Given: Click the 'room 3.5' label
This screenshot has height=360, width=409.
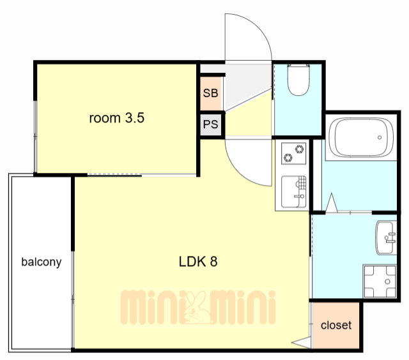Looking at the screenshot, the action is pos(116,118).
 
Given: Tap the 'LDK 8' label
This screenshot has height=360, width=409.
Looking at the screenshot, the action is pos(198,262).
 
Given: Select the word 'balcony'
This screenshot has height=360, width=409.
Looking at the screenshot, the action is pos(42,262).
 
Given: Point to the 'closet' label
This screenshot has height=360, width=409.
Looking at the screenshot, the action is pos(336,325).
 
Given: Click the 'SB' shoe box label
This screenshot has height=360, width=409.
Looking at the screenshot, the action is pos(210,93).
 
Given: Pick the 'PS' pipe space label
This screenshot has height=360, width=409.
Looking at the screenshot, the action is pos(210,124).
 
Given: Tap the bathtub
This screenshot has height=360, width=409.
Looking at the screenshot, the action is pos(361,137).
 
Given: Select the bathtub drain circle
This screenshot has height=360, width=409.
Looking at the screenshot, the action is pos(380,137).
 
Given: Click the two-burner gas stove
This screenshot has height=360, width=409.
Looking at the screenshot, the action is pos(294,153).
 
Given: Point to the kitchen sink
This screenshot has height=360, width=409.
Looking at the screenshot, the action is pos(294,191).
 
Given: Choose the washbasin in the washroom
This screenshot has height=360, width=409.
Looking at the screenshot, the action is pos(386,237).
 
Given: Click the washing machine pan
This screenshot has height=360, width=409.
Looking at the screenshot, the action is pos(380,281).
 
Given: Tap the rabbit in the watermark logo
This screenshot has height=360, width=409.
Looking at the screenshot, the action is pos(198,308).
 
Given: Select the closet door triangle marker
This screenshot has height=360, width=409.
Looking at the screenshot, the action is pos(301,343).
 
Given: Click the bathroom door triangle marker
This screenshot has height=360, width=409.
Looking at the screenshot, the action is pos(332,203).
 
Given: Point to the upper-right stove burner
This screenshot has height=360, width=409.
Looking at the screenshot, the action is pos(299,149).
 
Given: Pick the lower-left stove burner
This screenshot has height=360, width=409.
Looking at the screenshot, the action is pos(288,158).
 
